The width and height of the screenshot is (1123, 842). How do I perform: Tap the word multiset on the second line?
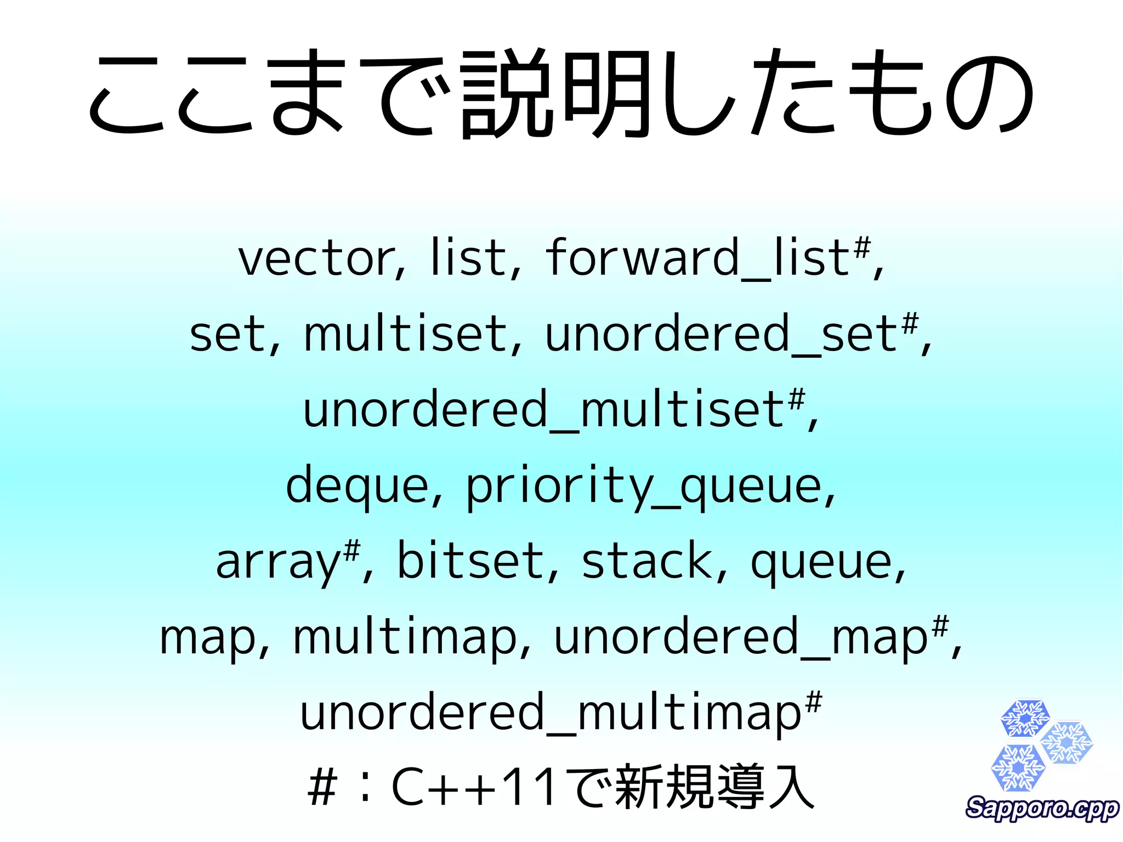tap(406, 335)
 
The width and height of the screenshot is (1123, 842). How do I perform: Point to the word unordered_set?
tap(721, 335)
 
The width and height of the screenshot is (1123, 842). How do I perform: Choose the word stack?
tap(647, 561)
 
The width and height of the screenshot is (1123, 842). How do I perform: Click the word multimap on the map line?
tap(406, 638)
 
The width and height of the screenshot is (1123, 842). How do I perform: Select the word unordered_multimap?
tap(551, 714)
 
